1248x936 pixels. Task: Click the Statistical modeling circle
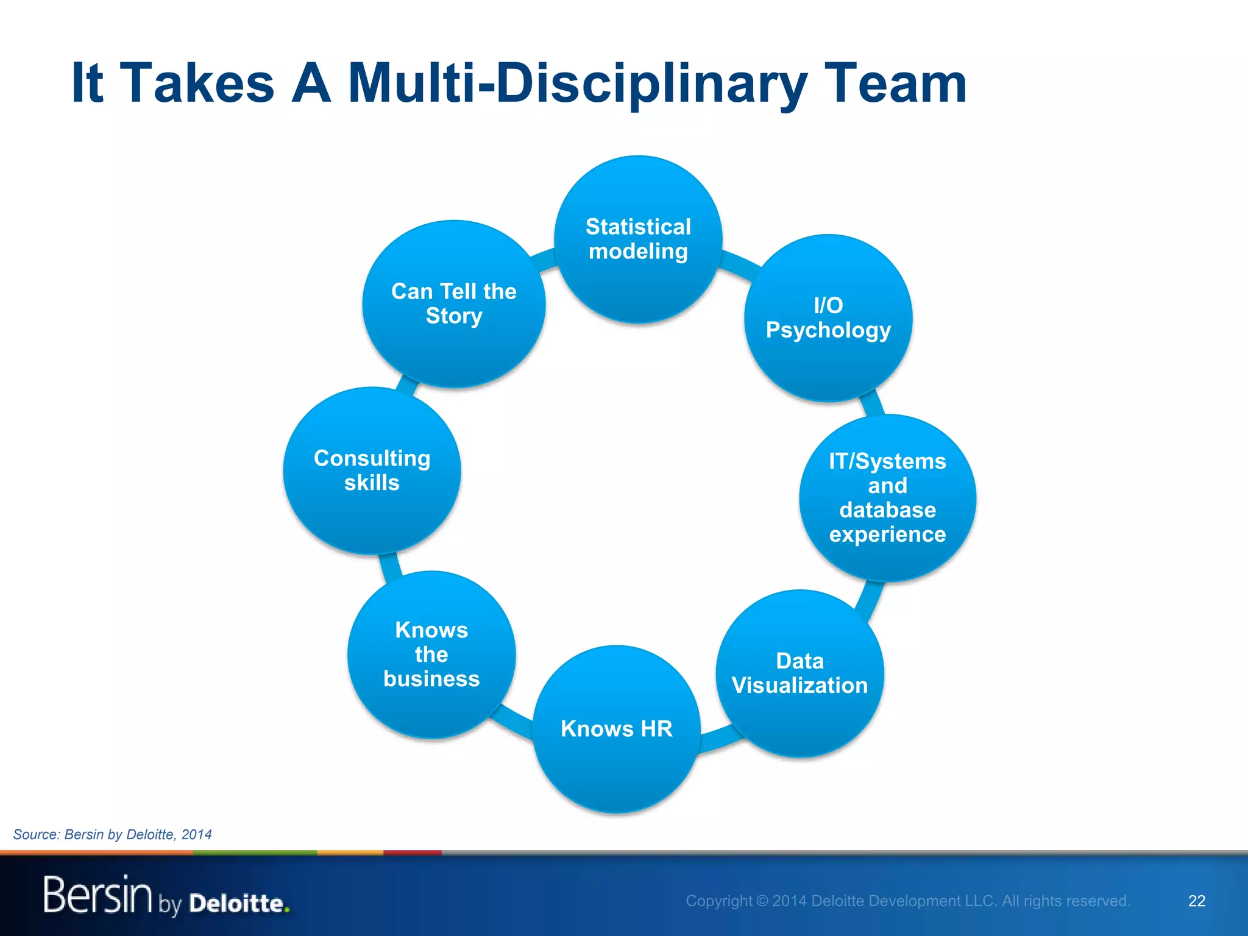[x=638, y=239]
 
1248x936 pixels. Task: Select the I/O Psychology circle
[x=828, y=318]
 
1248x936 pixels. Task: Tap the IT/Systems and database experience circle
[x=887, y=498]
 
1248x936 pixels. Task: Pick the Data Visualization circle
[x=799, y=673]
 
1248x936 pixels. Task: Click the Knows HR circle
[x=616, y=729]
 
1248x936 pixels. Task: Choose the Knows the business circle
[x=431, y=654]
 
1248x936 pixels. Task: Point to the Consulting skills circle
[x=372, y=470]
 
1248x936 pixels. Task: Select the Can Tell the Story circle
[x=453, y=303]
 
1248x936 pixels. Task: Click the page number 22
[x=1196, y=901]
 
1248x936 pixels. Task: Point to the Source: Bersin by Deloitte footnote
[x=113, y=834]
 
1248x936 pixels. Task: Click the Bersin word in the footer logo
[x=97, y=895]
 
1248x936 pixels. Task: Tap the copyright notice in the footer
[x=908, y=901]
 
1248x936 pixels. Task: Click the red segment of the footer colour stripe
[x=412, y=853]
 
